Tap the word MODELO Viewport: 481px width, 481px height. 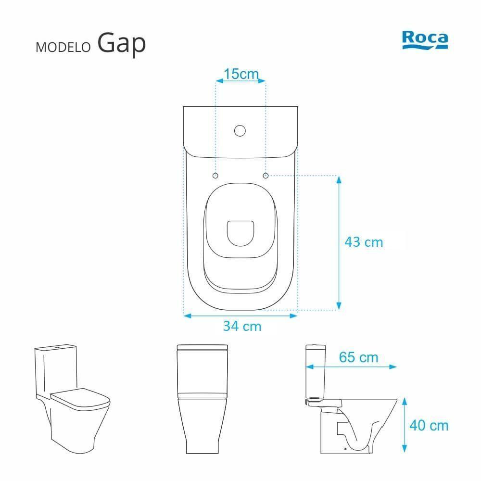(63, 47)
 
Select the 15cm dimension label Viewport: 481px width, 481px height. (241, 74)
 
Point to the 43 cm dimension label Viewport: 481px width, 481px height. (364, 242)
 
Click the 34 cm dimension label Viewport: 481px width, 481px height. (242, 326)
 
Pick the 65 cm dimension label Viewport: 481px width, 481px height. (358, 357)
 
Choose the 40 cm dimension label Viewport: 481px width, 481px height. (429, 425)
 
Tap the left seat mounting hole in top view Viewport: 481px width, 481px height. (215, 176)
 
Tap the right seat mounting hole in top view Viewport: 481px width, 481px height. (266, 176)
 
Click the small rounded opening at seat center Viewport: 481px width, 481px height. (240, 233)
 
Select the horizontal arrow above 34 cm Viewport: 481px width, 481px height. (240, 316)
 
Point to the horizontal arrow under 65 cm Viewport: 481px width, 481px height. (352, 367)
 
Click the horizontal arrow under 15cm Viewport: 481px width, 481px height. (240, 82)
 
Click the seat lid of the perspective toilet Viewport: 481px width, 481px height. (80, 397)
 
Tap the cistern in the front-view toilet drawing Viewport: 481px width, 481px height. (202, 370)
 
